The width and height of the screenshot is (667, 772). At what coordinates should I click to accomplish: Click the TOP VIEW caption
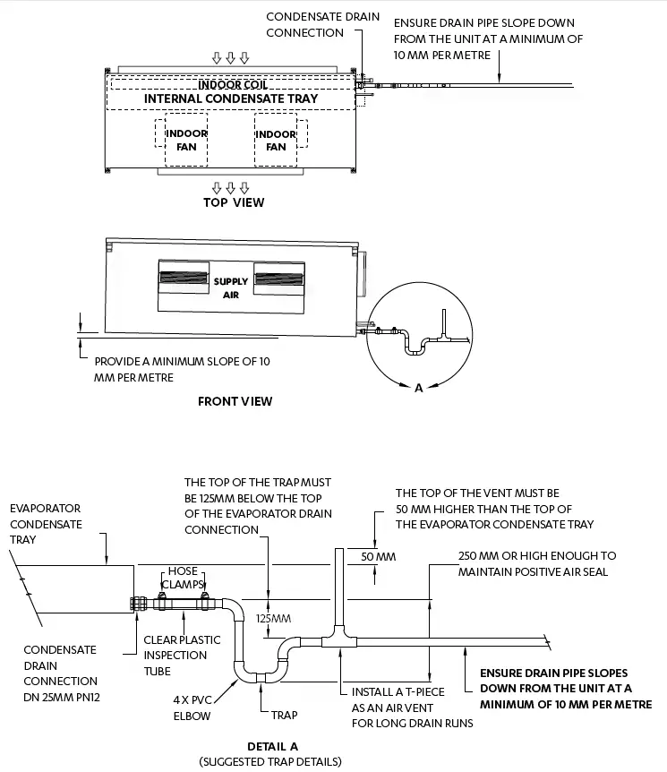pos(234,202)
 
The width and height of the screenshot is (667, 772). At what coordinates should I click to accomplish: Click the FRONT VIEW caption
pos(235,401)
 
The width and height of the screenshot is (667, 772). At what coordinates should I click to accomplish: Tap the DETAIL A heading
pos(272,746)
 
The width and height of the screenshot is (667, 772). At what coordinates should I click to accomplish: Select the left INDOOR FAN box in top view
pos(186,141)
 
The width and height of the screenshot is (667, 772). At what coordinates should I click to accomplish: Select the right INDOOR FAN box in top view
pos(276,141)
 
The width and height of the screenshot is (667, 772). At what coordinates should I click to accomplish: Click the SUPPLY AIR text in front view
pos(231,287)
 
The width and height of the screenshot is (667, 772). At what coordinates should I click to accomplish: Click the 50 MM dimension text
pos(378,557)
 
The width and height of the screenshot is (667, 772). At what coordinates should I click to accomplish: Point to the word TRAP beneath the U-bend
pos(284,715)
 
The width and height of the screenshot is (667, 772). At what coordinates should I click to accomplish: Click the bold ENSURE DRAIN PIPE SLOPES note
pos(554,689)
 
